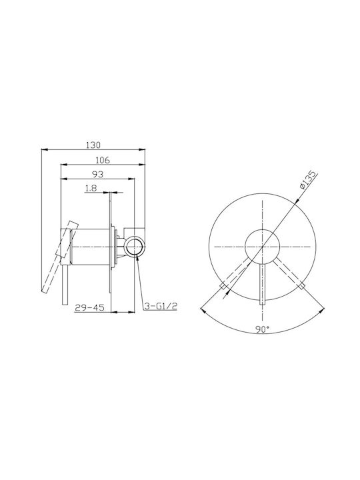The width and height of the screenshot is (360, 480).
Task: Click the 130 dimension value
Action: [x=93, y=145]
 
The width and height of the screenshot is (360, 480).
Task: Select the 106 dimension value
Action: [x=103, y=159]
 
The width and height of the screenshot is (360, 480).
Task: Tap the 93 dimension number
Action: [x=98, y=174]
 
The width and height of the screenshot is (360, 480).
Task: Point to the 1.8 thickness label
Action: [x=91, y=188]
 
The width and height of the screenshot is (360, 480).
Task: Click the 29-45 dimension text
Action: [x=89, y=307]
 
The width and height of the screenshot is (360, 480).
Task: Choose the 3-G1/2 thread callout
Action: [x=161, y=306]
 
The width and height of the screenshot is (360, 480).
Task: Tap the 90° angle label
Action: [x=263, y=329]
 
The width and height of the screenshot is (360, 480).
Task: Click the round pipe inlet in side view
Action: [x=135, y=246]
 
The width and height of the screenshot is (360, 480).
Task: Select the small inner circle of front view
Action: [x=263, y=246]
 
